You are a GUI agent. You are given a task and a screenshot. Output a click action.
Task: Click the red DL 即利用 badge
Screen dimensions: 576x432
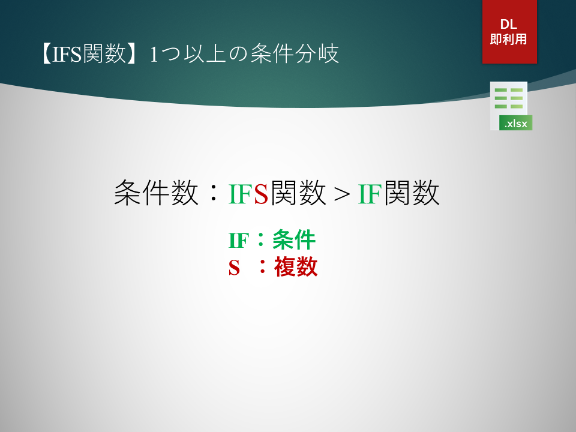pyautogui.click(x=509, y=32)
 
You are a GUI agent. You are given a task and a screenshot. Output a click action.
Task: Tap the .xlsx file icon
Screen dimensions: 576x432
pyautogui.click(x=511, y=106)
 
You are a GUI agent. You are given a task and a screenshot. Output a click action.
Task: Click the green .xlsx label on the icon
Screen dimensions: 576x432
pyautogui.click(x=516, y=123)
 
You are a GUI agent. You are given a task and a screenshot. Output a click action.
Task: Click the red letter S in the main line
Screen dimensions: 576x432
pyautogui.click(x=261, y=194)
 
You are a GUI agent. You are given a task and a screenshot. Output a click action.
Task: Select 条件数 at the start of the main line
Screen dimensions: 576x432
pyautogui.click(x=156, y=193)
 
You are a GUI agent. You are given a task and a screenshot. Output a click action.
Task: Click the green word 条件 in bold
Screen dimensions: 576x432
pyautogui.click(x=294, y=240)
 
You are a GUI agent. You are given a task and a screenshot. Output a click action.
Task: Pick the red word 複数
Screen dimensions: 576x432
pyautogui.click(x=296, y=266)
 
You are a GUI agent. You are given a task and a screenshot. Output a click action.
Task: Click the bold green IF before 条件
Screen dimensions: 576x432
pyautogui.click(x=239, y=241)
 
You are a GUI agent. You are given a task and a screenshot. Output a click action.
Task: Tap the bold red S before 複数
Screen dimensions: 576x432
pyautogui.click(x=234, y=268)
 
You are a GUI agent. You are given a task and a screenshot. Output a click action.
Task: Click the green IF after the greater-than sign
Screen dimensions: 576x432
pyautogui.click(x=370, y=194)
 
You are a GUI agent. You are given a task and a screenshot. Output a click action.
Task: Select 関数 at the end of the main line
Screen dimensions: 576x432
pyautogui.click(x=412, y=193)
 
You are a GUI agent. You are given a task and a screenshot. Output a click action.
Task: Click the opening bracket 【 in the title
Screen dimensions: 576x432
pyautogui.click(x=46, y=54)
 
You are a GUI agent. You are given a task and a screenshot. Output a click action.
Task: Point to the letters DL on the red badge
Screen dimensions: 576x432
pyautogui.click(x=509, y=24)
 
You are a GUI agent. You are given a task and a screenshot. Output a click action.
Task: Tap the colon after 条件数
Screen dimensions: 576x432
pyautogui.click(x=212, y=194)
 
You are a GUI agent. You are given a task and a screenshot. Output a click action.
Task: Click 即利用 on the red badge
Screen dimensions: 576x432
pyautogui.click(x=509, y=39)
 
